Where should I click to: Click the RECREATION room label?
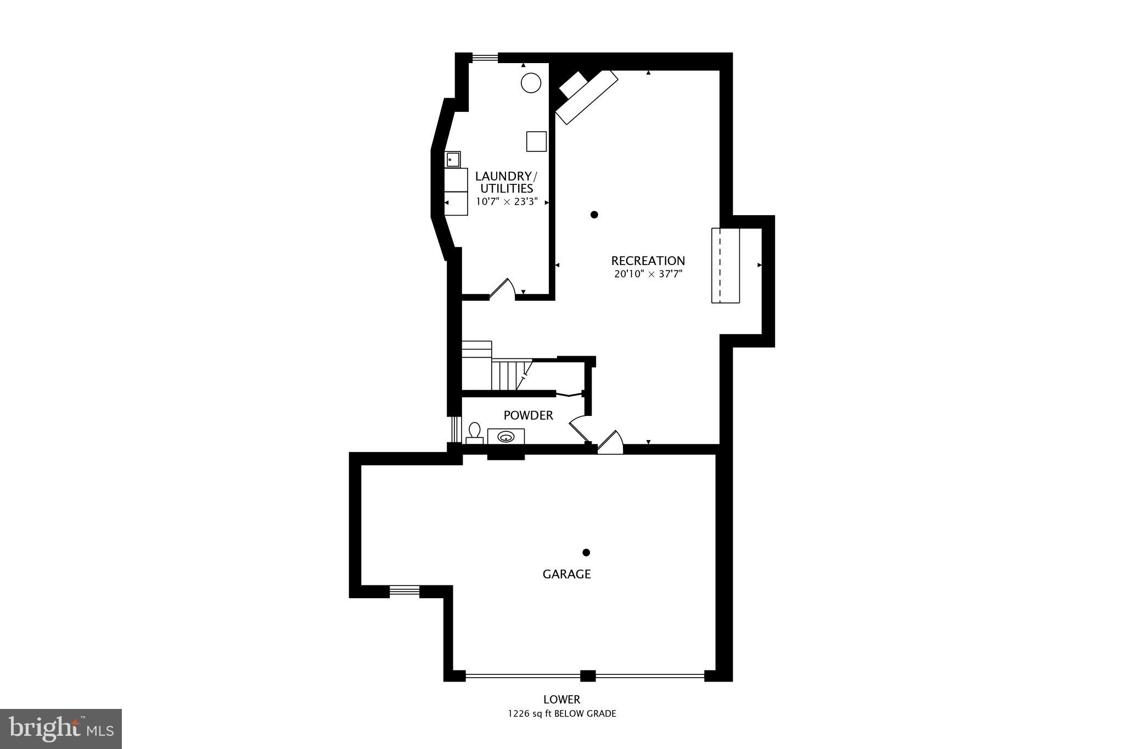(x=648, y=261)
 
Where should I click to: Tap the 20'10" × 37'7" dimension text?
(x=648, y=274)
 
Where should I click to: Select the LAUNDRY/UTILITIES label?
(x=506, y=182)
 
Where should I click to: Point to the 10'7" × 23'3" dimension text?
(x=506, y=201)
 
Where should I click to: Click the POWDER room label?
(x=528, y=415)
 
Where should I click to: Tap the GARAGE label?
(x=566, y=574)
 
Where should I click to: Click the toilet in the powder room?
(x=475, y=432)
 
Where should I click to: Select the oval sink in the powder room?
(x=505, y=437)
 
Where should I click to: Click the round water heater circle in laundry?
(x=531, y=83)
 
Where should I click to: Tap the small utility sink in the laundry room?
(x=452, y=160)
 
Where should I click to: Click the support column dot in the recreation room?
(x=594, y=215)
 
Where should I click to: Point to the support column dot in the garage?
(x=586, y=552)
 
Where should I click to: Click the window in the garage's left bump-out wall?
(x=404, y=590)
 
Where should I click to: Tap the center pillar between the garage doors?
(x=588, y=675)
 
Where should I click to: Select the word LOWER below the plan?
(x=561, y=700)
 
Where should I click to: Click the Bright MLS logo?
(x=61, y=729)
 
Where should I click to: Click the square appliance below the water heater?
(x=536, y=141)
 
